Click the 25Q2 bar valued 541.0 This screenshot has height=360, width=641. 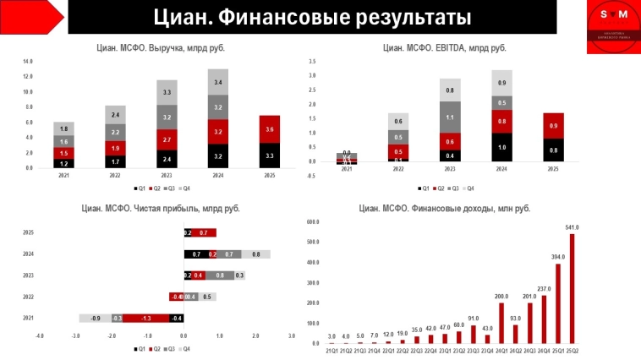[x=571, y=288]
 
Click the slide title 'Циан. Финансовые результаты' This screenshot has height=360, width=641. [x=313, y=19]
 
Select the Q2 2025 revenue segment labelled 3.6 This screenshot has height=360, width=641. [x=269, y=128]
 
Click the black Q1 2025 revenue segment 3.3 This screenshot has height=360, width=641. [x=269, y=155]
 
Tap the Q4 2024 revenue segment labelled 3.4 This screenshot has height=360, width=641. [x=218, y=82]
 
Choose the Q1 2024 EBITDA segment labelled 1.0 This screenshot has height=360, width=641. [x=501, y=146]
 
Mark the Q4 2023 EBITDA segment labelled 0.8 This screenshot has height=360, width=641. [x=450, y=90]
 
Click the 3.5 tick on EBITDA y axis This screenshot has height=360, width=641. [x=312, y=62]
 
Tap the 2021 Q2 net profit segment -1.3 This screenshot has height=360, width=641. [x=147, y=318]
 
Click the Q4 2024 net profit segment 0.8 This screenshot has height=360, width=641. [x=256, y=254]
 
